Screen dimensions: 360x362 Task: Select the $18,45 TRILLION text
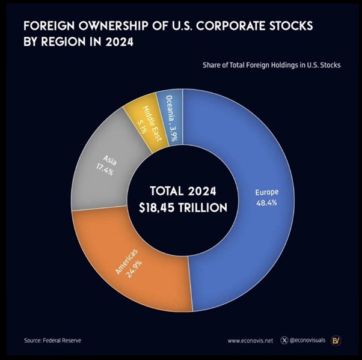click(181, 208)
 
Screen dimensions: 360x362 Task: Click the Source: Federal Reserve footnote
click(53, 341)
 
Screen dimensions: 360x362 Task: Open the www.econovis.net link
click(250, 341)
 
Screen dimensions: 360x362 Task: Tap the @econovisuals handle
click(307, 341)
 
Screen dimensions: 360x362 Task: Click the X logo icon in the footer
click(284, 341)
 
